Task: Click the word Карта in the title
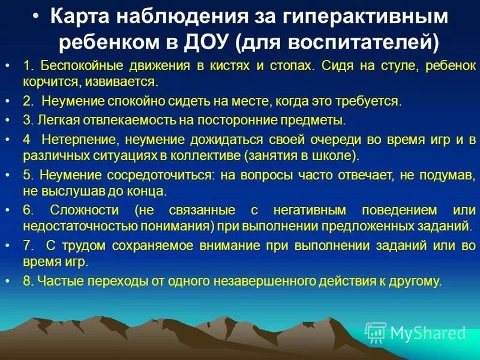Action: (x=79, y=16)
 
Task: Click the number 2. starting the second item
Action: (x=29, y=101)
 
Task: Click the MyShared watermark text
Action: (x=428, y=333)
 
